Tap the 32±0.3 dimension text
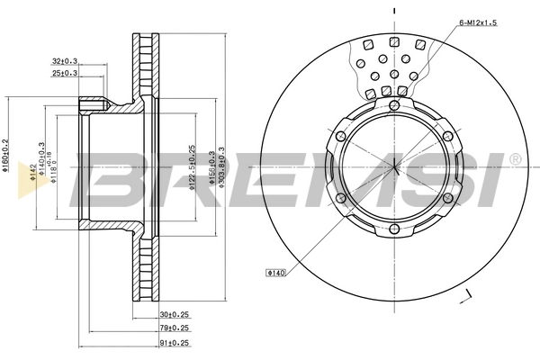click(65, 61)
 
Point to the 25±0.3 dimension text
click(65, 73)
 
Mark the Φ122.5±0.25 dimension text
click(191, 168)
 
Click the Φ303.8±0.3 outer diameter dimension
click(221, 168)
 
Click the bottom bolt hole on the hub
click(395, 230)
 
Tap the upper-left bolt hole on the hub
click(339, 135)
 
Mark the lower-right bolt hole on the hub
click(452, 200)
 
